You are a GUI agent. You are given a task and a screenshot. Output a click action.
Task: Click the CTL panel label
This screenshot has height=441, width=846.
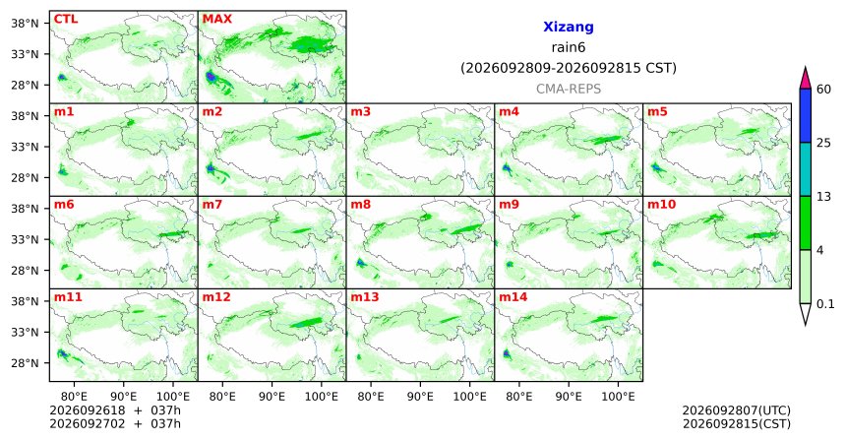(x=65, y=19)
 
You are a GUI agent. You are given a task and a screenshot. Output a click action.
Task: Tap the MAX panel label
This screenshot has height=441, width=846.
(x=216, y=19)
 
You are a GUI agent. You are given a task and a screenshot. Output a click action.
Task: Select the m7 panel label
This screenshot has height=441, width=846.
(x=211, y=205)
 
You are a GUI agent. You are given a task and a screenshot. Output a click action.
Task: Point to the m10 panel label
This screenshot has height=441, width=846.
(x=661, y=205)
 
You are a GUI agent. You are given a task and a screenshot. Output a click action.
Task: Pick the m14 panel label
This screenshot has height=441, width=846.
(x=514, y=297)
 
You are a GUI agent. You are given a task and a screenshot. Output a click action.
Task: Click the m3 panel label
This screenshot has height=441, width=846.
(x=360, y=112)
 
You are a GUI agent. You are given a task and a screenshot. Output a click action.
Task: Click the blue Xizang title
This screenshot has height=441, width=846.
(x=569, y=27)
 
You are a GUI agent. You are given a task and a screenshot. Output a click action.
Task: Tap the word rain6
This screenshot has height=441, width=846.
(x=569, y=47)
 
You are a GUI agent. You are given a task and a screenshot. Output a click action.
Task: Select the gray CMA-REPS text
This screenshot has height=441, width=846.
(x=569, y=89)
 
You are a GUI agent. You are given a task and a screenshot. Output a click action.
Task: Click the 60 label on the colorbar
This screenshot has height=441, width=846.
(x=823, y=89)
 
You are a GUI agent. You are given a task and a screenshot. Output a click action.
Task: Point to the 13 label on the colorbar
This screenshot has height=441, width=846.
(x=823, y=197)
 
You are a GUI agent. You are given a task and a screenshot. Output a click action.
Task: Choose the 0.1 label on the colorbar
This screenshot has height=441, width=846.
(x=825, y=304)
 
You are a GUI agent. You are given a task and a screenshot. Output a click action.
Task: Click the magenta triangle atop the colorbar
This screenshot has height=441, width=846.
(x=805, y=79)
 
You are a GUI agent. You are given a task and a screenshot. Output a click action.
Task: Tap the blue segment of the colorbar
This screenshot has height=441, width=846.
(x=805, y=115)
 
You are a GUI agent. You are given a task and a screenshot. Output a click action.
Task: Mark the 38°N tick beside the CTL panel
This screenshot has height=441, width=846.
(x=25, y=24)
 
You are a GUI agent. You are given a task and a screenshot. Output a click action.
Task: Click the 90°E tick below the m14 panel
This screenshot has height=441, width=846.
(x=569, y=397)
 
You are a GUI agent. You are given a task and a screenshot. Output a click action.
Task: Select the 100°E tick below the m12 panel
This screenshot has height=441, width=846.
(x=321, y=397)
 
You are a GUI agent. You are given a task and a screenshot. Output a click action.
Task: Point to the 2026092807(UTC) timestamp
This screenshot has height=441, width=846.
(x=737, y=411)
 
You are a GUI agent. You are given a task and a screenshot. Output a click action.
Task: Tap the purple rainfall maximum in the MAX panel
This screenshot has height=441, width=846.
(x=210, y=77)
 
